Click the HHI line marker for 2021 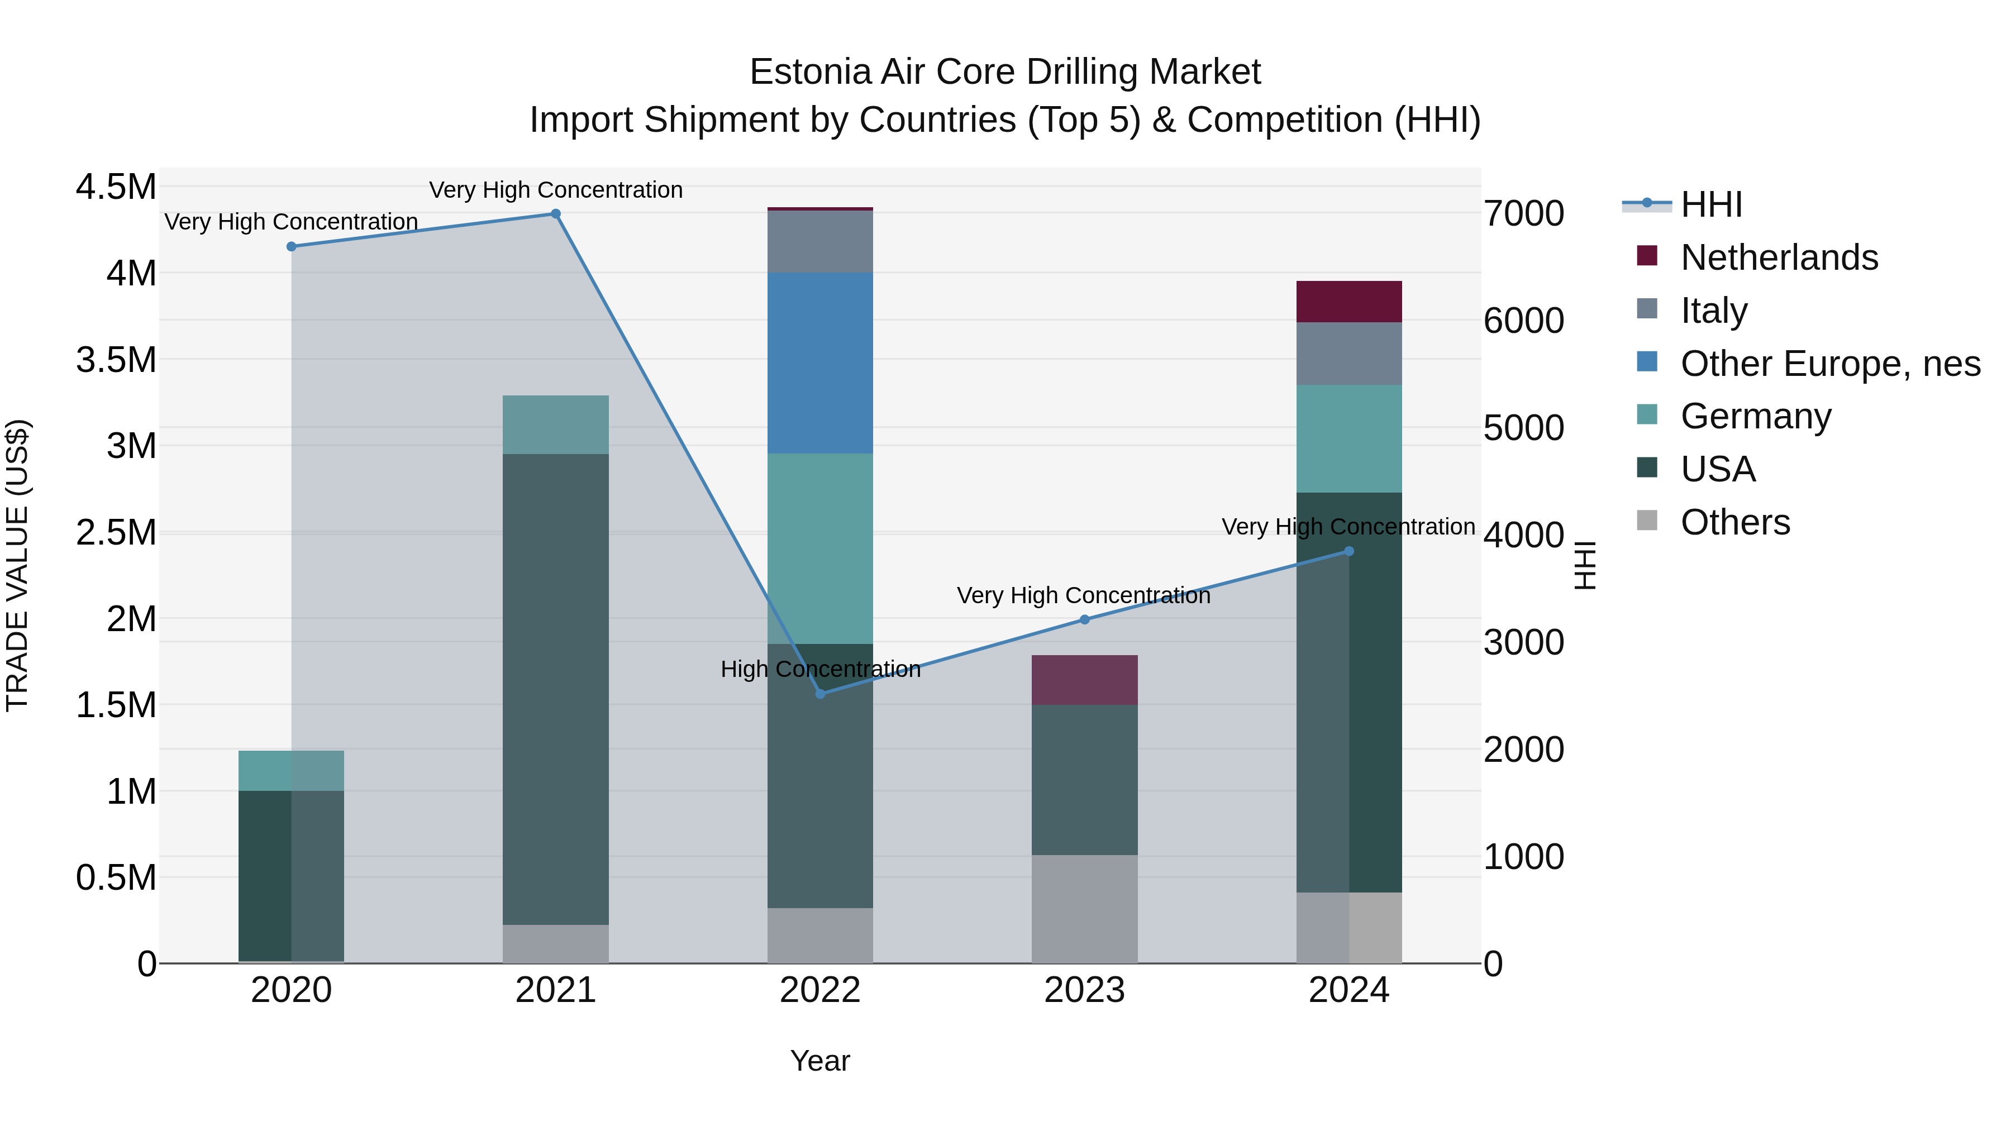pyautogui.click(x=556, y=214)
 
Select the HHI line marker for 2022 pyautogui.click(x=821, y=694)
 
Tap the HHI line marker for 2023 pyautogui.click(x=1084, y=620)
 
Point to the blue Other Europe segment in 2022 pyautogui.click(x=821, y=363)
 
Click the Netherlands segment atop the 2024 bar pyautogui.click(x=1349, y=301)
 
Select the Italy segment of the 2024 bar pyautogui.click(x=1349, y=353)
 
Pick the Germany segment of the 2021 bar pyautogui.click(x=556, y=424)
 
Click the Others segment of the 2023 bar pyautogui.click(x=1084, y=909)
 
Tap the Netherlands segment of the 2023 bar pyautogui.click(x=1084, y=680)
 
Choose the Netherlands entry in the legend pyautogui.click(x=1779, y=257)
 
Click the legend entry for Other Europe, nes pyautogui.click(x=1830, y=364)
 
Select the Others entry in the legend pyautogui.click(x=1734, y=522)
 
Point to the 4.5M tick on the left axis pyautogui.click(x=116, y=187)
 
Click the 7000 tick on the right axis pyautogui.click(x=1524, y=214)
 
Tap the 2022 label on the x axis pyautogui.click(x=821, y=990)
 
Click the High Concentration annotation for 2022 pyautogui.click(x=821, y=670)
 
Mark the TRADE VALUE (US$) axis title pyautogui.click(x=17, y=565)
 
